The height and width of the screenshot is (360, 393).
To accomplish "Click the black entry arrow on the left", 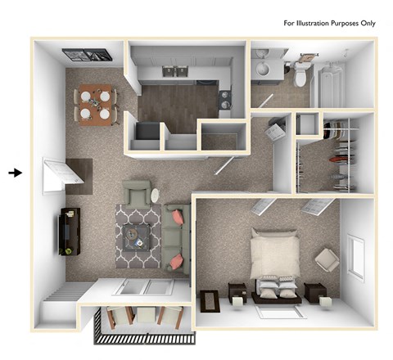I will coord(15,173).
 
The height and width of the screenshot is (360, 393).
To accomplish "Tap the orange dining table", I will coord(95,106).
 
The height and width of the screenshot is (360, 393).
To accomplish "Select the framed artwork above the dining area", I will coord(86,56).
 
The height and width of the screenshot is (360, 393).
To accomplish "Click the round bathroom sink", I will coord(264,70).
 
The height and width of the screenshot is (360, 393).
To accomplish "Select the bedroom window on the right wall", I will coord(355,254).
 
